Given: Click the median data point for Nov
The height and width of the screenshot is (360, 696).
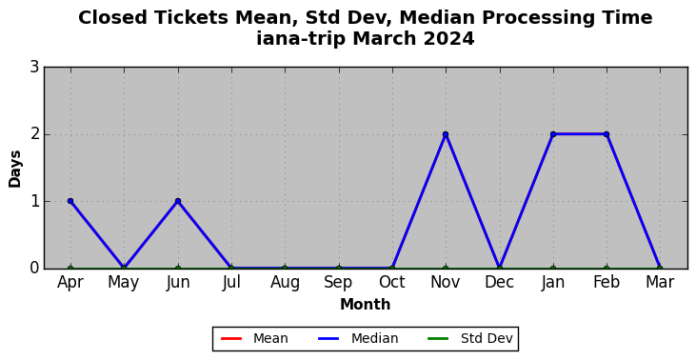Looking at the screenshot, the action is (446, 134).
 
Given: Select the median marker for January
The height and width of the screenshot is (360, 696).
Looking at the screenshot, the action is (553, 134).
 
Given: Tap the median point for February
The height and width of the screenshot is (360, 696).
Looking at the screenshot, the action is (607, 134).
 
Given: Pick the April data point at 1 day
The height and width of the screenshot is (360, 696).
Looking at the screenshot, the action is (70, 201).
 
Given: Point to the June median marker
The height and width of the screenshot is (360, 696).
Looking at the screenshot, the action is (178, 201).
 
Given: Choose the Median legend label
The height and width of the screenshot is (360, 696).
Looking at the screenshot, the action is (358, 339).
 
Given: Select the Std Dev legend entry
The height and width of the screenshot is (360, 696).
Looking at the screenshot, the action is (470, 339).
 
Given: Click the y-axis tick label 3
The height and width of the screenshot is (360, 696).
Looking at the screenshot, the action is (34, 68).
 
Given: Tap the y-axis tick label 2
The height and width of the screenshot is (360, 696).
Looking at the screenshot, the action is (34, 134).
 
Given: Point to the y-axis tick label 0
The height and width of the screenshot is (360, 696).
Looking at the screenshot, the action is (34, 269).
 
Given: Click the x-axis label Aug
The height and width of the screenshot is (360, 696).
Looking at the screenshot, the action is (285, 282).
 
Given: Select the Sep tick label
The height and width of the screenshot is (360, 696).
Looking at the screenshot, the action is (339, 282).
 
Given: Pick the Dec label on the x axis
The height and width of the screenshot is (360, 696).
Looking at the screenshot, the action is (499, 282).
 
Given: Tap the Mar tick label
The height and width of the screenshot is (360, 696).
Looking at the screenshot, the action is (660, 282).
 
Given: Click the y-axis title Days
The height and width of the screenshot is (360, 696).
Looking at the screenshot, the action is (14, 170).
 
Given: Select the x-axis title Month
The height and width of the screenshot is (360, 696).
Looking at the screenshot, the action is (366, 305).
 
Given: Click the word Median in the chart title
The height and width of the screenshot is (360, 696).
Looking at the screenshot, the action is (436, 18).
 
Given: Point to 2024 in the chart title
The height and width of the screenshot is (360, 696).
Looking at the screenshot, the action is (448, 39).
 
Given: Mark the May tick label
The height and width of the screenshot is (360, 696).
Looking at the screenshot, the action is (124, 282).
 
